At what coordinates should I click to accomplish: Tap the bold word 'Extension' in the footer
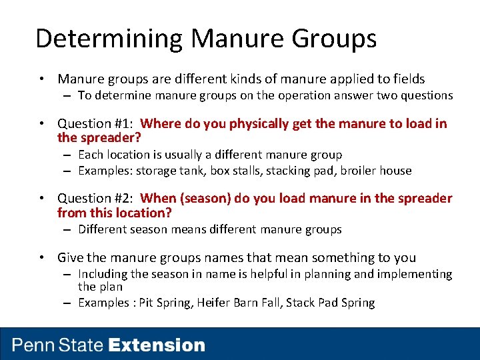coord(157,345)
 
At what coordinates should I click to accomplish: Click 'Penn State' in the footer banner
coord(58,345)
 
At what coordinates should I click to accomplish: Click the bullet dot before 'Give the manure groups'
coord(42,258)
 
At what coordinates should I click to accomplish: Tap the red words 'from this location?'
coord(114,213)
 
